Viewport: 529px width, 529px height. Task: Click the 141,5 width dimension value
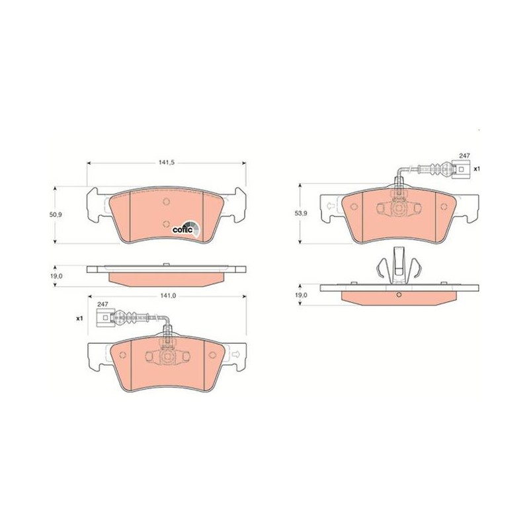[166, 162]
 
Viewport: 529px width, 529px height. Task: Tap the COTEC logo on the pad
[186, 229]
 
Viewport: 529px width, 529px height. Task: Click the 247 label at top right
[464, 155]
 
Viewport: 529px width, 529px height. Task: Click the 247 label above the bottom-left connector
[102, 304]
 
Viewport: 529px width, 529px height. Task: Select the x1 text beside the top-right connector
[476, 169]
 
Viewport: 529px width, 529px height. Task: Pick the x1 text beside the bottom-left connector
[79, 318]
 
